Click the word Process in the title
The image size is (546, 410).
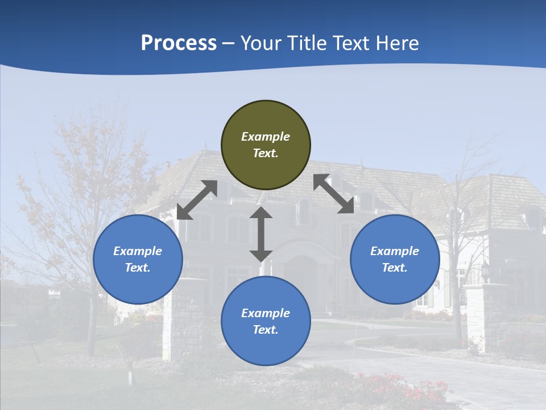tap(179, 43)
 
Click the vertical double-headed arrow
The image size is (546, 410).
tap(261, 234)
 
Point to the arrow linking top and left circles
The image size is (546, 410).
tap(197, 200)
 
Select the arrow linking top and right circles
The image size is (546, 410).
tap(333, 194)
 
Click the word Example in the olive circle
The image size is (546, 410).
tap(266, 137)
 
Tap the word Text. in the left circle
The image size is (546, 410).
tap(138, 268)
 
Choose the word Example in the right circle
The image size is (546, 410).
tap(395, 251)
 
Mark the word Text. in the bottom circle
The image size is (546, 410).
tap(266, 330)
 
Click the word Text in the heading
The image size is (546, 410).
tap(352, 43)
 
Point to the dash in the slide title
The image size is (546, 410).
tap(228, 44)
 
